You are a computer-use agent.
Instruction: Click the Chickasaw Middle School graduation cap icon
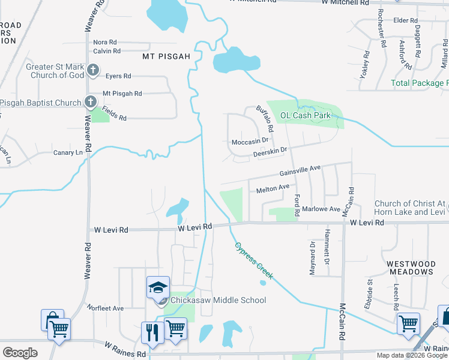tap(158, 287)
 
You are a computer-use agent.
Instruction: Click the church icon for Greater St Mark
tap(93, 70)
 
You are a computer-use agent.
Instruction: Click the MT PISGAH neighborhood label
tap(166, 56)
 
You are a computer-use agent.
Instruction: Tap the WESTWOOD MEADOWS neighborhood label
tap(411, 268)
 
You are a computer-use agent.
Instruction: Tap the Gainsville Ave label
tap(300, 171)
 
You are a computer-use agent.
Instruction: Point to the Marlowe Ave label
tap(321, 209)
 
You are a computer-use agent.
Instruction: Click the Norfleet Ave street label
tap(105, 308)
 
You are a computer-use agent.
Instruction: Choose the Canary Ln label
tap(68, 152)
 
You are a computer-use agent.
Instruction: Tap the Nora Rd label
tap(105, 42)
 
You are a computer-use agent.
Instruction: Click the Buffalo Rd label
tap(265, 119)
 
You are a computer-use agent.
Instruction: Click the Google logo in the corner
tap(20, 352)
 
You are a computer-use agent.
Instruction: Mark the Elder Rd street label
tap(405, 20)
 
